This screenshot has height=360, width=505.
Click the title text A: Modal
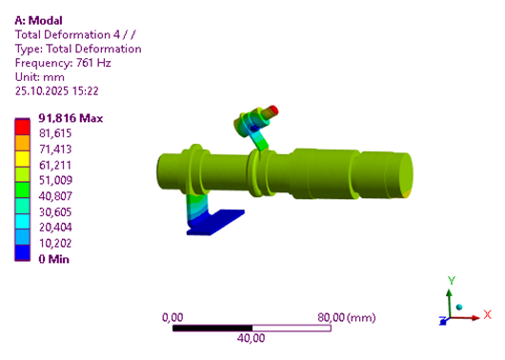38,21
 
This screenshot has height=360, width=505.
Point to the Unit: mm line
40,77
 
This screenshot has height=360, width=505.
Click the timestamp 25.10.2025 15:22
56,91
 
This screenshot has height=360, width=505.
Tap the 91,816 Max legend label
71,118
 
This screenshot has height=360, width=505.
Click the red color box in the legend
22,128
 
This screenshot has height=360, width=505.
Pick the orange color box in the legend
22,143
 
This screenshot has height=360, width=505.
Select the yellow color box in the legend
22,159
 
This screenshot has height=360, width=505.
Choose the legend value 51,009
55,180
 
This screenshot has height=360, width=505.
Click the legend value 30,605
55,211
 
